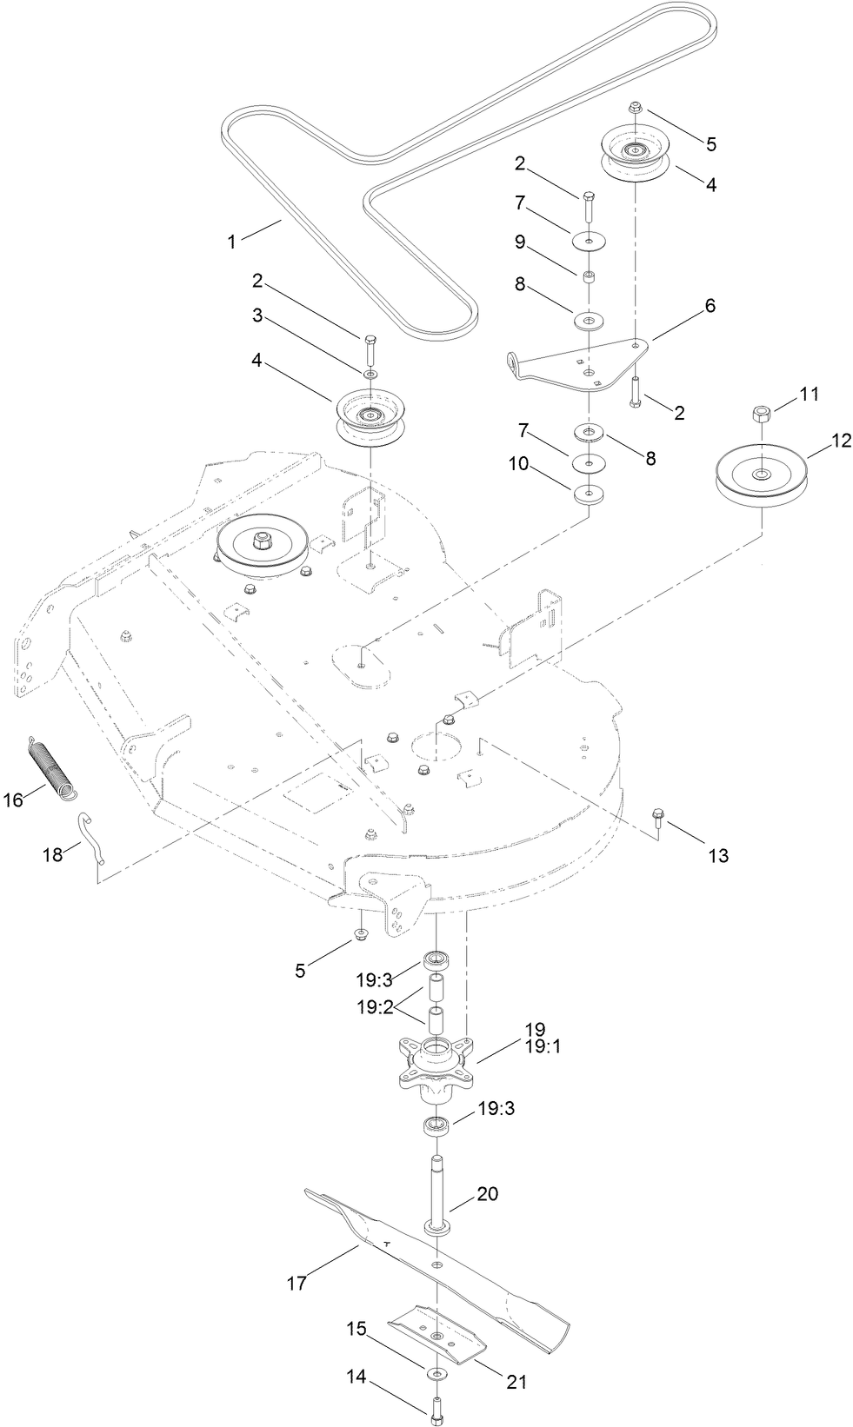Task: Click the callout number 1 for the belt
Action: [x=232, y=242]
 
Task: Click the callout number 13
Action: [x=717, y=856]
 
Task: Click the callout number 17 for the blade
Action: [x=297, y=1282]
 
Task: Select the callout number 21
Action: [x=516, y=1381]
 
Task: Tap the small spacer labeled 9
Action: [x=589, y=277]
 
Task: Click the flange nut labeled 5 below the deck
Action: [x=359, y=934]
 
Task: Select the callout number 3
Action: [x=257, y=315]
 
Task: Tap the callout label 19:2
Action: [x=375, y=1008]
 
